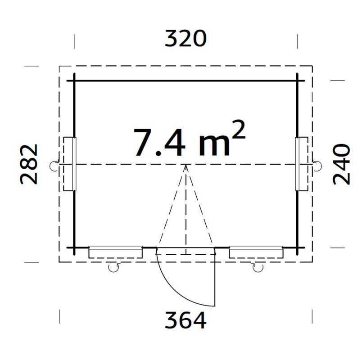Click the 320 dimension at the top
click(x=186, y=39)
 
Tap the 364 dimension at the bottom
click(x=186, y=320)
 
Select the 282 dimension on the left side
click(x=29, y=164)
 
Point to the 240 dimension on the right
click(x=341, y=164)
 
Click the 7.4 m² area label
click(x=189, y=139)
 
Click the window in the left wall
click(x=70, y=164)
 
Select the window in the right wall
click(x=302, y=164)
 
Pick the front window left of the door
click(x=116, y=252)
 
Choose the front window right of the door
click(x=256, y=252)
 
